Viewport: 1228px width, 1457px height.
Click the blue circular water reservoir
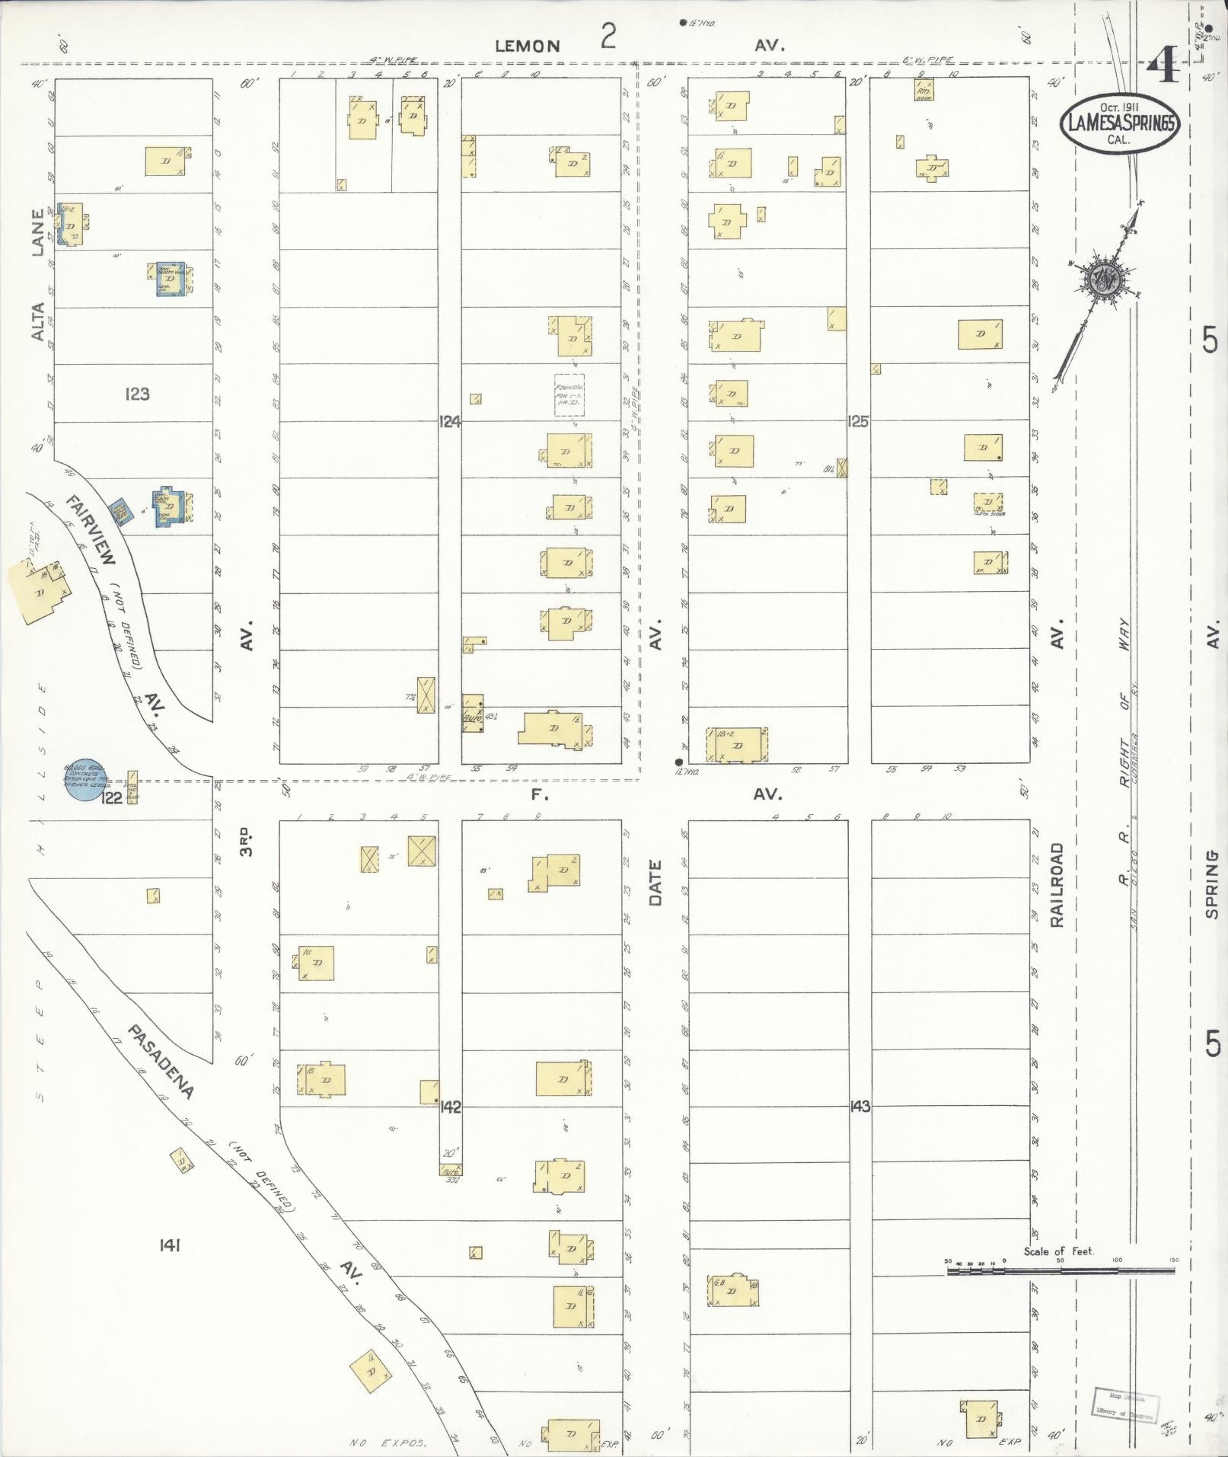pos(83,781)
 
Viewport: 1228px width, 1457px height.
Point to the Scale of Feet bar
pos(1061,1270)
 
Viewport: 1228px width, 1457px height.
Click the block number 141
pos(169,1245)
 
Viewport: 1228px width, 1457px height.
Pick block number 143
pos(860,1107)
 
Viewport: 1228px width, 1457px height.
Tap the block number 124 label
pos(450,420)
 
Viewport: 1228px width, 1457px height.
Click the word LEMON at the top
pos(528,46)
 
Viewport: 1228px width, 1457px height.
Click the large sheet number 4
pos(1163,68)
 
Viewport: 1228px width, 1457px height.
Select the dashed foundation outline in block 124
pos(569,394)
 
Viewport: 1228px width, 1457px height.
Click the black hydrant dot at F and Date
pos(678,762)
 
